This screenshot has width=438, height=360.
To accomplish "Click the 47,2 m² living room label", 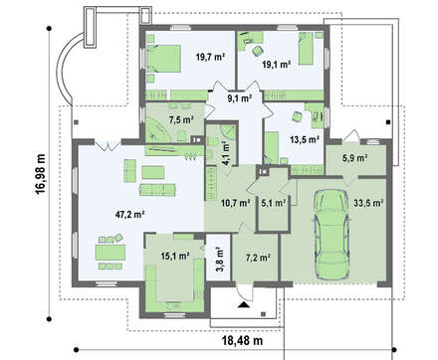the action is tap(129, 214).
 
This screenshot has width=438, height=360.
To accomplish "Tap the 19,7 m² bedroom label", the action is tap(210, 57).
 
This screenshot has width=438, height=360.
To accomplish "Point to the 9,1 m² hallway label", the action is tap(239, 97).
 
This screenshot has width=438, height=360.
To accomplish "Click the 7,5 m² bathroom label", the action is tap(181, 119).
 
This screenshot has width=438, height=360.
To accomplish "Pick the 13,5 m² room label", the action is tap(305, 139).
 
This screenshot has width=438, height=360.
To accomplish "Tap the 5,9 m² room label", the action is tap(354, 158).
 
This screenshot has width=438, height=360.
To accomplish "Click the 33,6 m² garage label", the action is tap(368, 203).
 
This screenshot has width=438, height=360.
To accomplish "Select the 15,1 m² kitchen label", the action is tap(175, 256).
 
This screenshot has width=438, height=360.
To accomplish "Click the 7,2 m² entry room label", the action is tap(259, 257).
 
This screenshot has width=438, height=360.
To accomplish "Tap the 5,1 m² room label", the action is tap(274, 202).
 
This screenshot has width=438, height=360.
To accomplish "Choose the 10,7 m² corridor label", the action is tap(236, 202).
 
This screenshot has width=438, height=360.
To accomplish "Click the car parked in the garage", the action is tap(331, 235).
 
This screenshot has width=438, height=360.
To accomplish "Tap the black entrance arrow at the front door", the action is tap(244, 304).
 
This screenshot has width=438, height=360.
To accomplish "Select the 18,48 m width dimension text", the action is tap(242, 340).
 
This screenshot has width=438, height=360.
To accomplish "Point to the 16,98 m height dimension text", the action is tap(41, 175).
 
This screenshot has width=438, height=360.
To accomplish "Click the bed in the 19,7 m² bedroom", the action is tap(163, 59).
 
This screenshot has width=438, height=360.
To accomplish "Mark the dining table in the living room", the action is tap(111, 253).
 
